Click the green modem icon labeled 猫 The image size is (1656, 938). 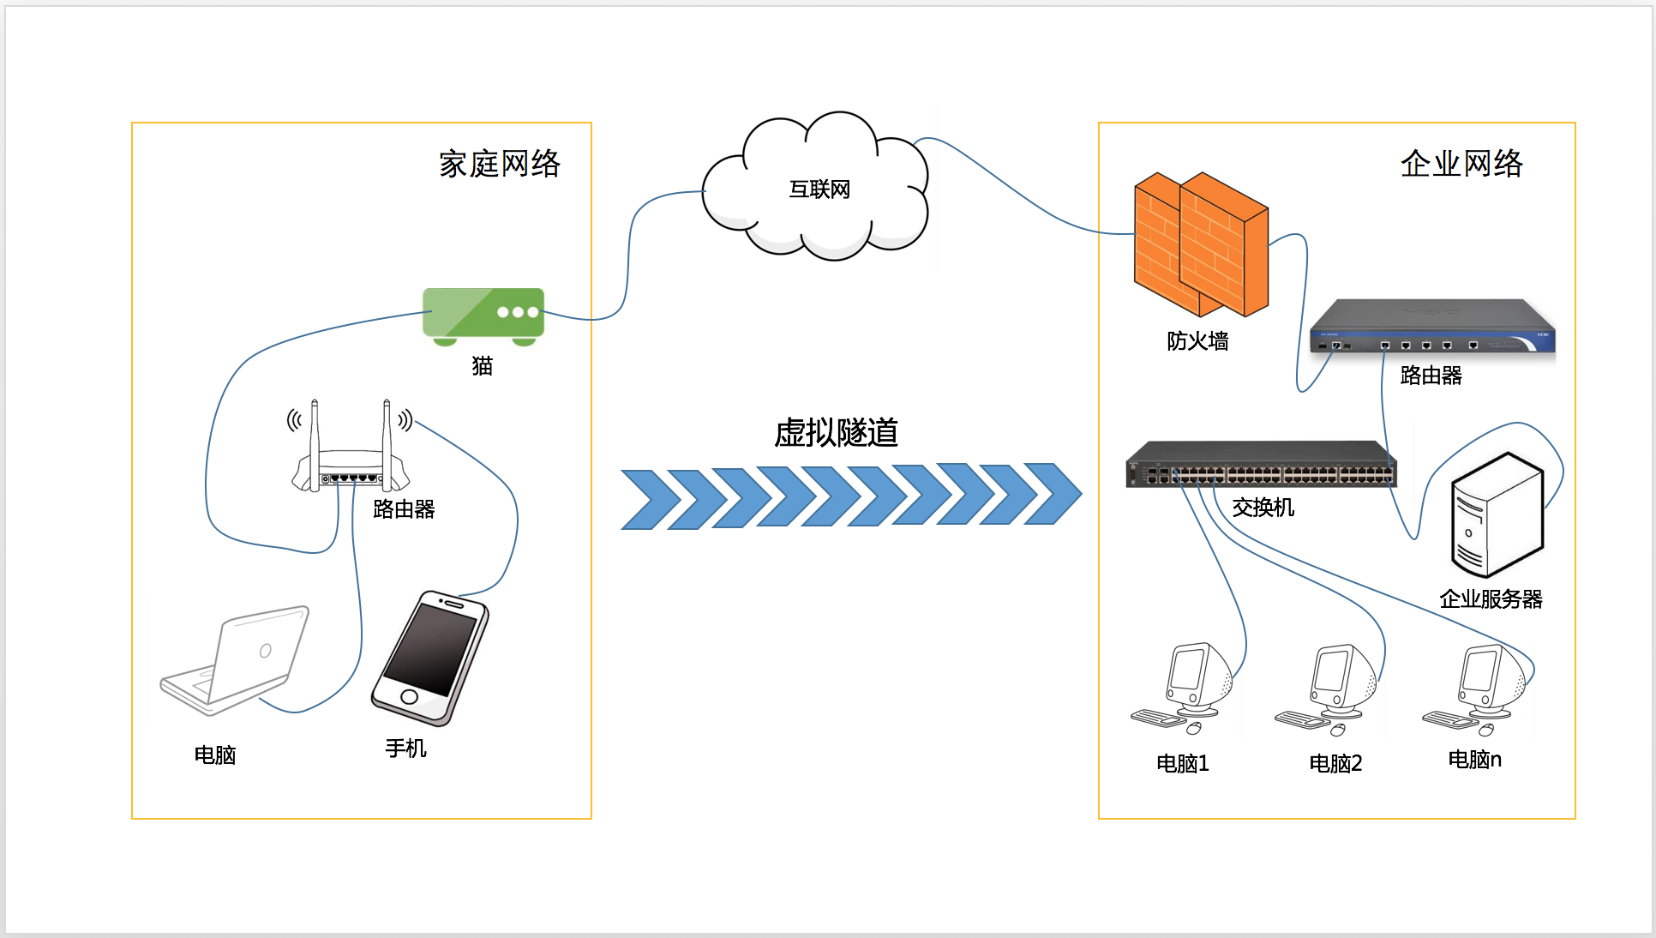point(483,315)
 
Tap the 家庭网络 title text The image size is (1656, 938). point(500,164)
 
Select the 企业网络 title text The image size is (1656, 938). point(1461,164)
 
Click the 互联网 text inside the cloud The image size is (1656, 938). point(819,189)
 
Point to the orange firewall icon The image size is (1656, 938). point(1200,244)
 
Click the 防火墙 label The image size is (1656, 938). point(1197,341)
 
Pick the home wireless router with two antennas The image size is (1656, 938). point(351,454)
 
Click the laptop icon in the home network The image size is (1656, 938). point(236,660)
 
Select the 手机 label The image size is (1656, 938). point(405,749)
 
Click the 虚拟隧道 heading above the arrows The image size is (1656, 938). point(836,433)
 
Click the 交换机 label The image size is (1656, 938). point(1263,508)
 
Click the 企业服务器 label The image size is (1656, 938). point(1491,599)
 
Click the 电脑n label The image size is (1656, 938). point(1474,760)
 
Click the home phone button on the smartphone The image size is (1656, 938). point(409,696)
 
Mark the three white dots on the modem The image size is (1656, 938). point(518,312)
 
